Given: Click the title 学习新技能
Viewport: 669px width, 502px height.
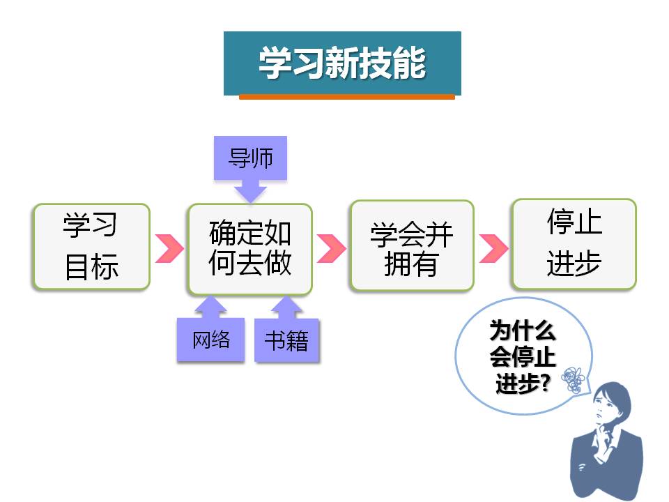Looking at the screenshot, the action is tap(342, 63).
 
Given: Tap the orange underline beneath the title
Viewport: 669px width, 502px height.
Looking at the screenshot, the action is tap(347, 97).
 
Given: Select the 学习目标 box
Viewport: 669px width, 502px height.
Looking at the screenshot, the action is tap(91, 247).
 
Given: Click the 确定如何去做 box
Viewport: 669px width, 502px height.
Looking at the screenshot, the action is tap(250, 249).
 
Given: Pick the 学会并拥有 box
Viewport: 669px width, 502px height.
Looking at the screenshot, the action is tap(412, 246).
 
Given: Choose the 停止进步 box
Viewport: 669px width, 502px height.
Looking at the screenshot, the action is tap(574, 244).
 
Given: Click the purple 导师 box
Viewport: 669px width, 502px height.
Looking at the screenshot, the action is tap(250, 158).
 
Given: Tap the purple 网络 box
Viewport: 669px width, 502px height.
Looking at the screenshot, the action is tap(210, 340).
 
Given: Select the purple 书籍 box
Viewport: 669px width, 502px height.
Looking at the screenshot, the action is tap(286, 340).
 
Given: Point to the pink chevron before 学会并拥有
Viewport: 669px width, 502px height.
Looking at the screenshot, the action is tap(331, 248).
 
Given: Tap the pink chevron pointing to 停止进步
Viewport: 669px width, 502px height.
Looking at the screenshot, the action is tap(493, 248).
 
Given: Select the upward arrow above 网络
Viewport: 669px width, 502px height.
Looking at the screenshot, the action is tap(210, 307).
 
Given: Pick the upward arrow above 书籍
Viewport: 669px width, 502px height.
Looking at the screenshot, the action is tap(286, 307).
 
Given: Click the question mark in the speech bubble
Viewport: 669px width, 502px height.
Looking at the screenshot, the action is tap(544, 383).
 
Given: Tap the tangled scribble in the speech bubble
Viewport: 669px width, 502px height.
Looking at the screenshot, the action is tap(573, 380).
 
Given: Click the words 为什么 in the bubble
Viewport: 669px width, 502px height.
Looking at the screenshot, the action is tap(523, 330).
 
